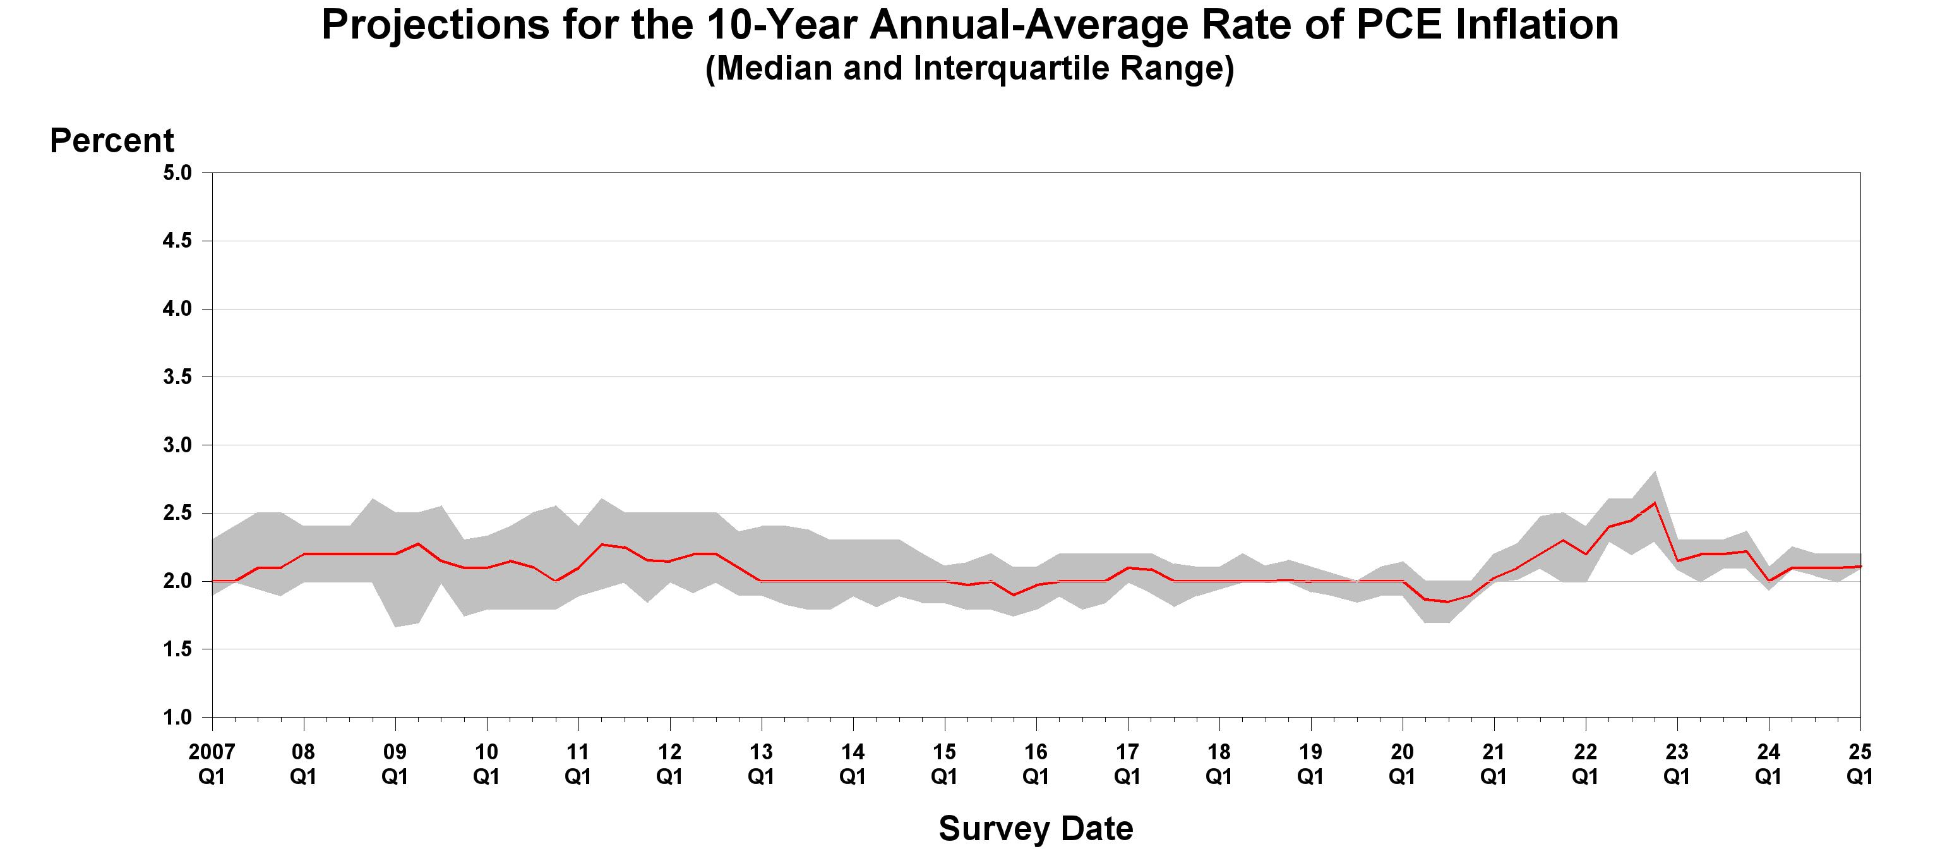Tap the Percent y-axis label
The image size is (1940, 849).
tap(111, 141)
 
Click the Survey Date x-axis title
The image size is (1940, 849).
tap(1036, 829)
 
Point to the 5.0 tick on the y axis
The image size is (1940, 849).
tap(177, 173)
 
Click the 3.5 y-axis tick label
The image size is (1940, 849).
tap(177, 377)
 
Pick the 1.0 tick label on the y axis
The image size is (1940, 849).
tap(177, 717)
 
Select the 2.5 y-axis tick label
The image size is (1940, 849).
tap(177, 514)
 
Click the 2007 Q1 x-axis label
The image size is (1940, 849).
tap(212, 763)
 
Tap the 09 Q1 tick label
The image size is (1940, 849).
tap(395, 763)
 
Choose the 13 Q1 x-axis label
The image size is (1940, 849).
tap(760, 763)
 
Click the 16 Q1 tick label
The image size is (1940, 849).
tap(1036, 763)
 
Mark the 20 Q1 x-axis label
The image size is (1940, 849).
tap(1401, 763)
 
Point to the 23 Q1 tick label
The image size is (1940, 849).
tap(1677, 763)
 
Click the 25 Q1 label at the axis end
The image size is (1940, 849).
tap(1859, 763)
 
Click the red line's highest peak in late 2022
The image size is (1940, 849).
tap(1654, 502)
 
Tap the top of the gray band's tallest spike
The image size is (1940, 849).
tap(1654, 473)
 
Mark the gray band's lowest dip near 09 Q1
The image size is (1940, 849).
tap(395, 626)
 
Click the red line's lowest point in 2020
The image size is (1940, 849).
tap(1447, 601)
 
